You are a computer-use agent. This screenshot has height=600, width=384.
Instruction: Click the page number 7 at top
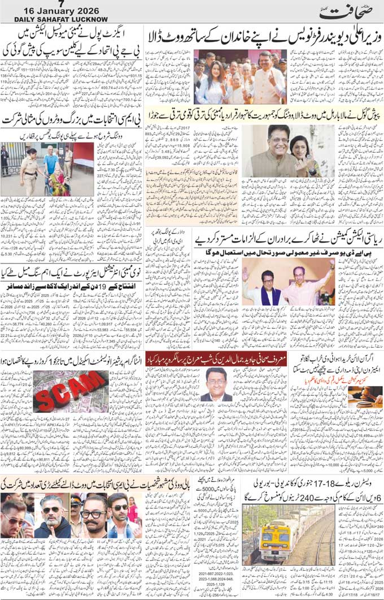click(62, 4)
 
